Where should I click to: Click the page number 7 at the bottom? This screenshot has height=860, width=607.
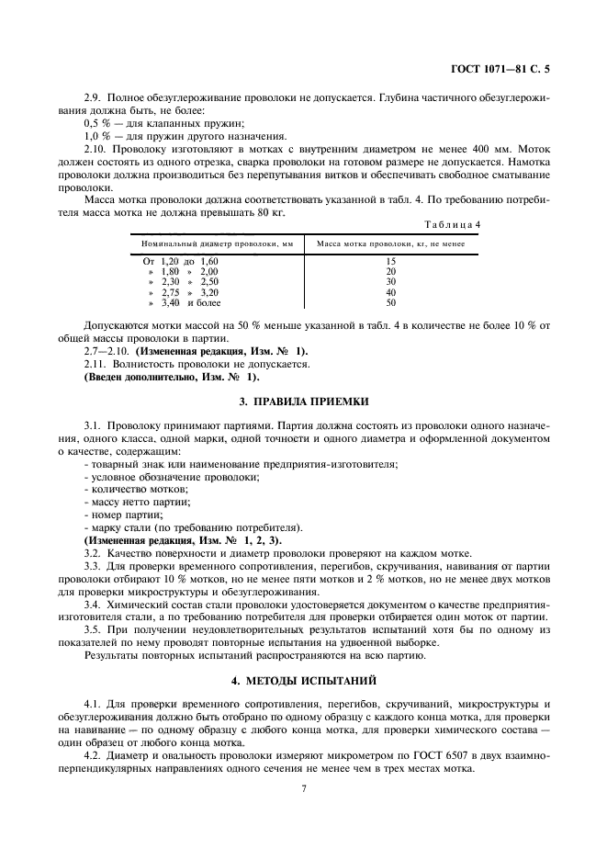point(302,788)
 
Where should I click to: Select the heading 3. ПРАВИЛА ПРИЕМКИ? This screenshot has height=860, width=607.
point(302,402)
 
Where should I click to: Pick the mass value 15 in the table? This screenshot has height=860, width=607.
point(390,262)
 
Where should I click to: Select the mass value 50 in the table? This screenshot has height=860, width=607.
point(390,302)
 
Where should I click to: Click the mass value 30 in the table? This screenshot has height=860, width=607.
point(390,282)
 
